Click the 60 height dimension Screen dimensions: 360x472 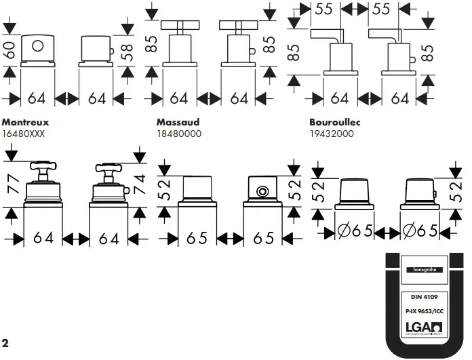pyautogui.click(x=9, y=49)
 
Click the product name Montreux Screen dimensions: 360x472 pyautogui.click(x=28, y=123)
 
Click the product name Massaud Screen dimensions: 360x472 pyautogui.click(x=178, y=123)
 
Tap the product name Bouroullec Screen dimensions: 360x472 pyautogui.click(x=334, y=123)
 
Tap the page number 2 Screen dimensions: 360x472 pyautogui.click(x=5, y=342)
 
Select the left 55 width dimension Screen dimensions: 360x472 pyautogui.click(x=325, y=9)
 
